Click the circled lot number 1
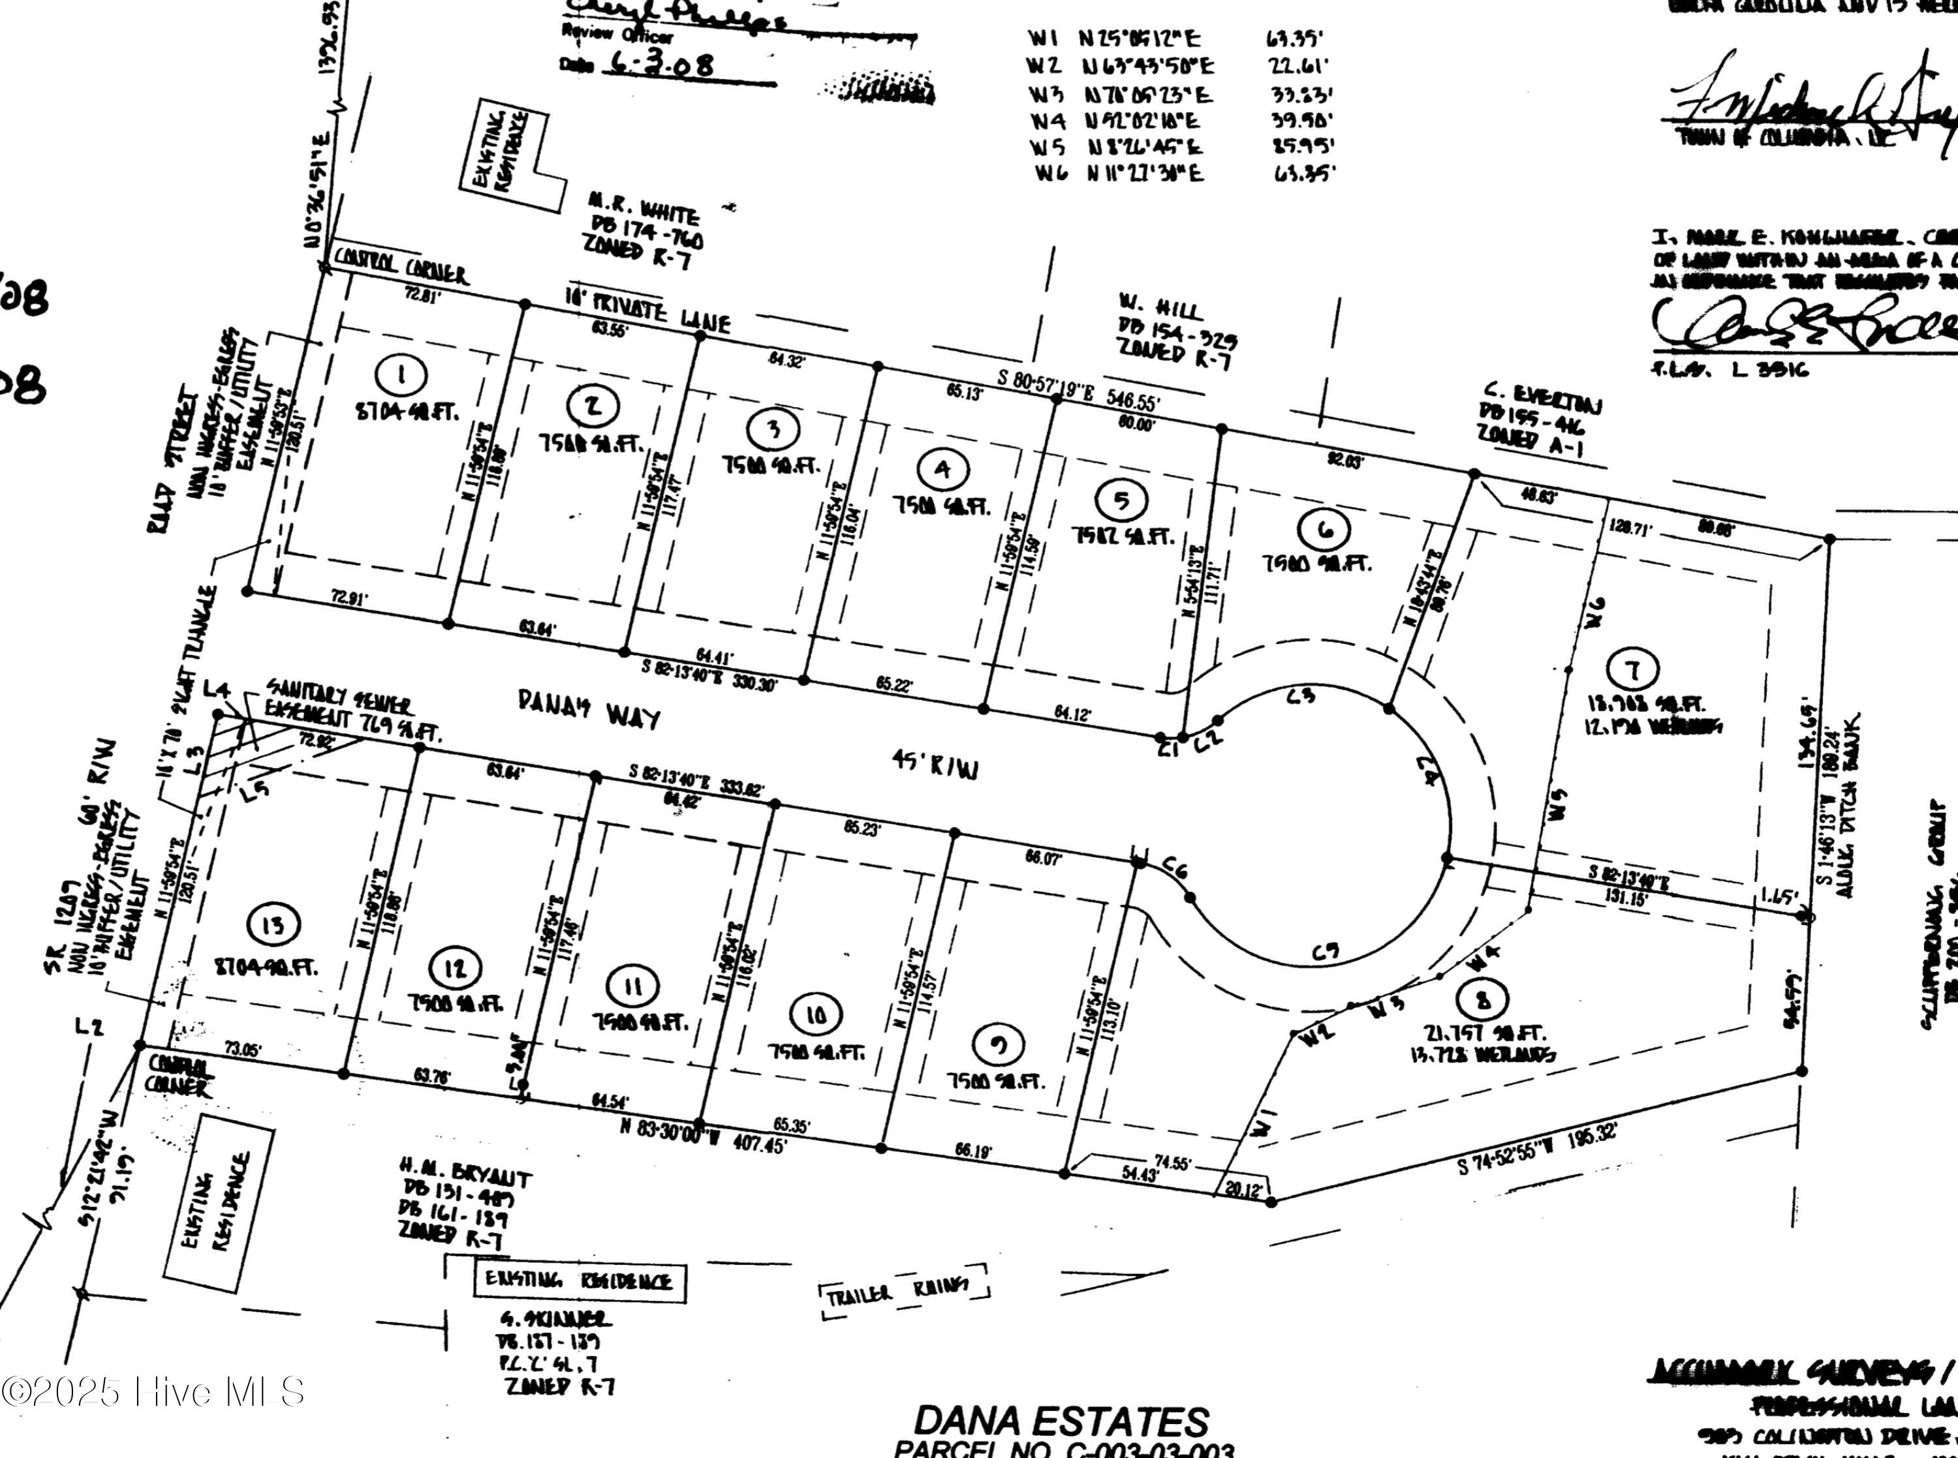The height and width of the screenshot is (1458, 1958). (x=401, y=376)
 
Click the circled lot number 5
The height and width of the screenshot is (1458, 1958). (x=1121, y=500)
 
